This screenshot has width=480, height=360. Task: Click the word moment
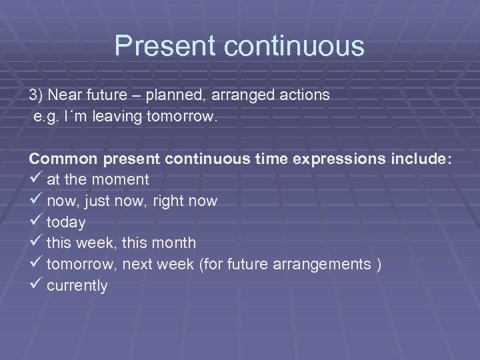(121, 181)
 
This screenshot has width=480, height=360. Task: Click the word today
(66, 223)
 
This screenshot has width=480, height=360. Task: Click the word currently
(77, 286)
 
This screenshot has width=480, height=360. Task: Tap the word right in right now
(160, 201)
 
